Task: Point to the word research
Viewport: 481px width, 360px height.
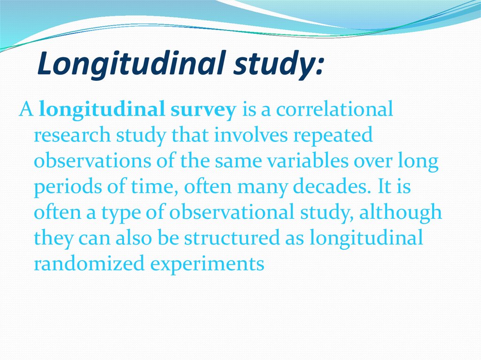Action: tap(72, 136)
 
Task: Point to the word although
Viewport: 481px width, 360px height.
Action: tap(400, 213)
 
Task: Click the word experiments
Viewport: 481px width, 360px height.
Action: tap(207, 264)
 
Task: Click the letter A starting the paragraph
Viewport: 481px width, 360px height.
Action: tap(25, 109)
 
